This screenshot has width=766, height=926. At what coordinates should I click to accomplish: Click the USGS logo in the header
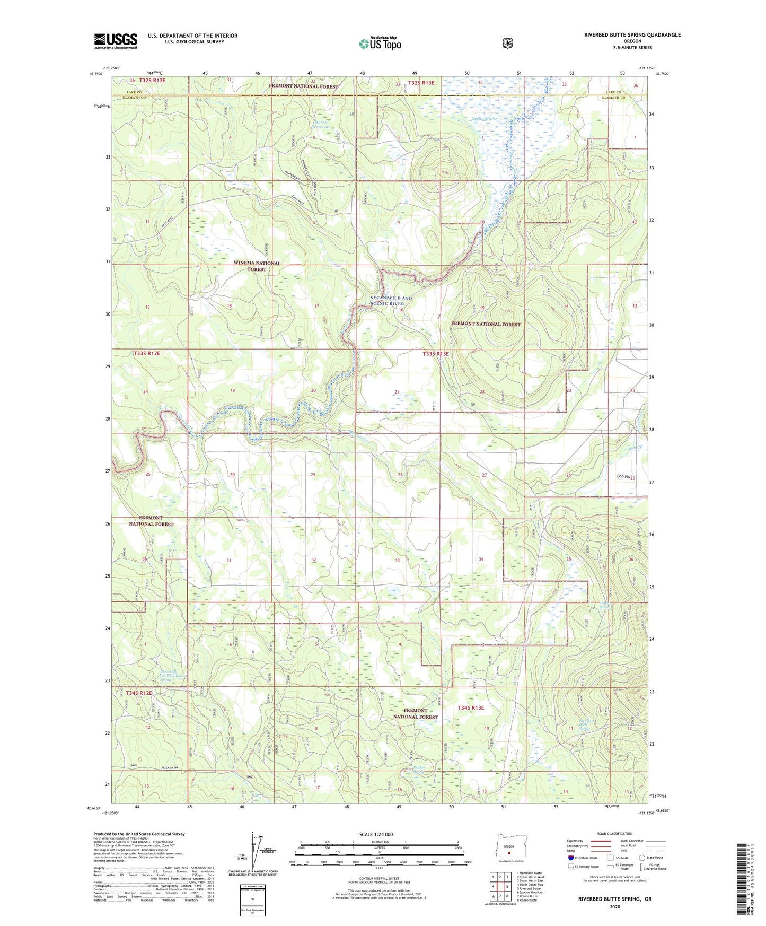click(116, 41)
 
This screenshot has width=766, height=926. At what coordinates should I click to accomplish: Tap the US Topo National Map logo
click(380, 43)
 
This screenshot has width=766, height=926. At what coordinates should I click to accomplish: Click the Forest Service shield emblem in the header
click(507, 42)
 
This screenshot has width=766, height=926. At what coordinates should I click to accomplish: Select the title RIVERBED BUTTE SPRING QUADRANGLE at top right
click(632, 35)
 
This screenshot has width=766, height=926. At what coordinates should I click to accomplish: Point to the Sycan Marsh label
click(485, 119)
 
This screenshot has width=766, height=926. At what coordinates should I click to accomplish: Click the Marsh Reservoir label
click(320, 125)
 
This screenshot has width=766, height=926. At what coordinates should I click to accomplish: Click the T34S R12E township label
click(139, 693)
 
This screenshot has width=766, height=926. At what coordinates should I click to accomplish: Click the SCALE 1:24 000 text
click(376, 834)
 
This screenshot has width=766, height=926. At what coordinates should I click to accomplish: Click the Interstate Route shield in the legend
click(570, 858)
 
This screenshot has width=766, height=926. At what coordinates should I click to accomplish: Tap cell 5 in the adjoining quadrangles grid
click(507, 886)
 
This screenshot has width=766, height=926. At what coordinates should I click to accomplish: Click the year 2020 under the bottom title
click(614, 907)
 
